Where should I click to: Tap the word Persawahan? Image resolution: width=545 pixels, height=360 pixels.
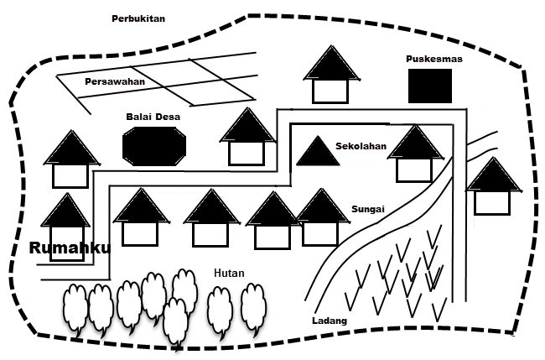(115, 81)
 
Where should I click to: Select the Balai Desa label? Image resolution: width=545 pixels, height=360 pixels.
(153, 117)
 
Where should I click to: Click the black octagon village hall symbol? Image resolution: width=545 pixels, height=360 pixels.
(154, 148)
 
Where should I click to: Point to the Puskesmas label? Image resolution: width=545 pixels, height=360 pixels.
(433, 59)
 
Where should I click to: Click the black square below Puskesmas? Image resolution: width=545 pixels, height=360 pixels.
(430, 86)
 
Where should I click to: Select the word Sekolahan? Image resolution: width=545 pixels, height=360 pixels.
(361, 146)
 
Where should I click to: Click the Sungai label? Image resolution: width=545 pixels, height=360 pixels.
(369, 208)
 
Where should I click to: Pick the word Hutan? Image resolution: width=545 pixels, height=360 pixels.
(229, 273)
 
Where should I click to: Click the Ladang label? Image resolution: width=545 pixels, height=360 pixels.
(329, 321)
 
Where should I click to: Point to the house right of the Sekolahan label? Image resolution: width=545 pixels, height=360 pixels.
(414, 154)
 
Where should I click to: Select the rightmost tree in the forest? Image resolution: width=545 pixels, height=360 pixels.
(252, 307)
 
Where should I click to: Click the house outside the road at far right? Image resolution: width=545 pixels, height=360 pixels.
(492, 188)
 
